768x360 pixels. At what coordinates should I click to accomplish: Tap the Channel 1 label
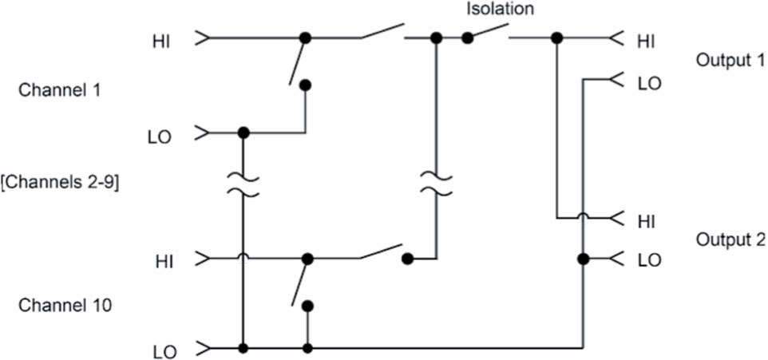point(59,91)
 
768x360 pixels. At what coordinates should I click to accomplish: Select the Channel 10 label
point(65,306)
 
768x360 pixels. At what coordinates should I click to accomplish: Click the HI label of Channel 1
point(161,42)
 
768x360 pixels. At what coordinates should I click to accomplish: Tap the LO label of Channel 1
point(160,137)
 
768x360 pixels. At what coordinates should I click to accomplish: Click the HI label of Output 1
point(647,42)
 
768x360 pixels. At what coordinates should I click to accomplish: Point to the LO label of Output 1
point(650,83)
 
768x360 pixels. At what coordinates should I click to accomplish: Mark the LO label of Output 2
point(650,260)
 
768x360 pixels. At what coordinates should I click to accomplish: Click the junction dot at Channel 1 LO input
point(243,133)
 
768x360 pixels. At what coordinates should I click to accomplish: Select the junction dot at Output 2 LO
point(582,259)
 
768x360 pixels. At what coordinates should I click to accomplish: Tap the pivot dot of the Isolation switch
point(468,38)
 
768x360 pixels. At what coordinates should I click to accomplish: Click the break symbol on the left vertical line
point(243,184)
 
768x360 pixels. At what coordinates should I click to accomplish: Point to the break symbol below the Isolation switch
point(436,184)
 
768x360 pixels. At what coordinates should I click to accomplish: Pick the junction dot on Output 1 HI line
point(556,38)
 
